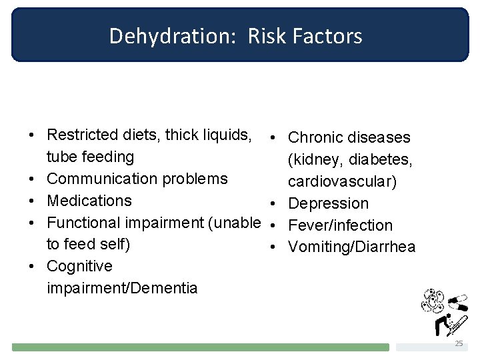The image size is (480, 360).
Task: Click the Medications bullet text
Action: (x=89, y=201)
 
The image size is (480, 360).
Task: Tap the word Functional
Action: (x=84, y=223)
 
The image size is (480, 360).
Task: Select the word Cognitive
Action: (x=79, y=266)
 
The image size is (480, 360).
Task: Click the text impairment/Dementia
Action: (x=122, y=288)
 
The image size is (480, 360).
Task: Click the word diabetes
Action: (x=374, y=160)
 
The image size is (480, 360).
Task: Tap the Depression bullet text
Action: (x=328, y=203)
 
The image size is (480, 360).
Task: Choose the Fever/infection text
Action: (x=340, y=225)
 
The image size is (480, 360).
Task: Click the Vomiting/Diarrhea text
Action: (x=351, y=247)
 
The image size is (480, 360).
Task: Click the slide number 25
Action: (x=458, y=343)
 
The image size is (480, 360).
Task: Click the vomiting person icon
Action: (x=440, y=325)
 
